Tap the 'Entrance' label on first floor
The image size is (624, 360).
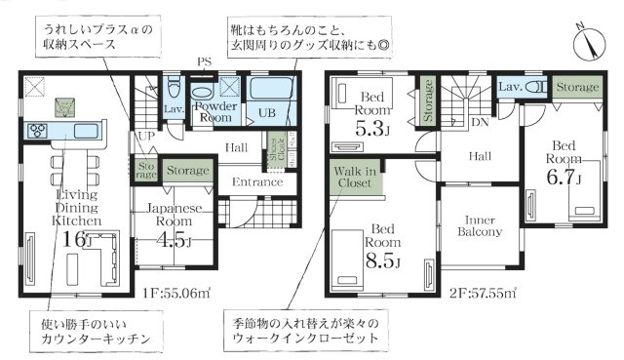click(x=256, y=182)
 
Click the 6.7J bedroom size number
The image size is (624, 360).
click(x=565, y=179)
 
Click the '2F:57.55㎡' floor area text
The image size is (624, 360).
click(x=484, y=291)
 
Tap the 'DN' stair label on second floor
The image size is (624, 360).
click(x=479, y=124)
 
